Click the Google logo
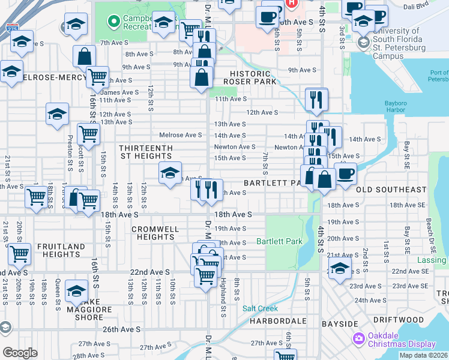(x=20, y=353)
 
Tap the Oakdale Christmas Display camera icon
(x=359, y=339)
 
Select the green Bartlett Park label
(x=279, y=242)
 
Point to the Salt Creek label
(x=260, y=308)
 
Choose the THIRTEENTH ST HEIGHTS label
(x=146, y=152)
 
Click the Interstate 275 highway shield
(x=12, y=27)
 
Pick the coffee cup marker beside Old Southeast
(x=345, y=173)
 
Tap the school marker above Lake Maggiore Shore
(x=76, y=291)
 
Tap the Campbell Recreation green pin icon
(x=111, y=22)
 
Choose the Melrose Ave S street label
(x=181, y=135)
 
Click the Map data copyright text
(x=423, y=355)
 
